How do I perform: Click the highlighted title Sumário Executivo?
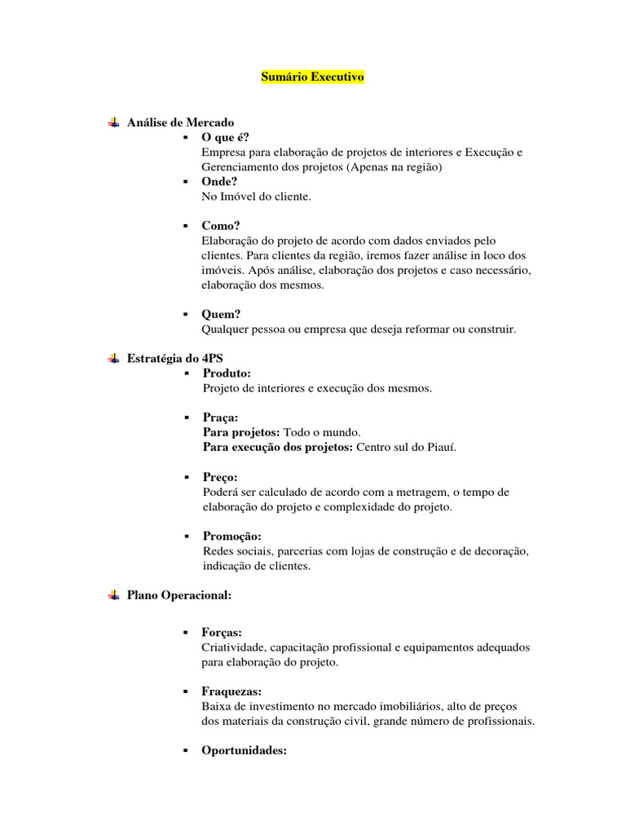coord(313,77)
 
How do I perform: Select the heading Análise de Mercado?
coord(180,122)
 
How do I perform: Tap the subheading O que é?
coord(226,137)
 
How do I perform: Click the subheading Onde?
coord(220,182)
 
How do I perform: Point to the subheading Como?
coord(222,226)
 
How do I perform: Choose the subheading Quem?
coord(222,314)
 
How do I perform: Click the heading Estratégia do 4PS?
coord(175,359)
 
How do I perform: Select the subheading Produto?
coord(227,373)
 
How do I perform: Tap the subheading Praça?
coord(220,417)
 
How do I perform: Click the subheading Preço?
coord(220,477)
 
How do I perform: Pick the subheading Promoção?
coord(232,537)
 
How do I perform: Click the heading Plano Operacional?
coord(179,595)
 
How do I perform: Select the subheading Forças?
coord(222,632)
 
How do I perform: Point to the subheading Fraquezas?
coord(231,691)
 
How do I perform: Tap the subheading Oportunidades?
coord(245,751)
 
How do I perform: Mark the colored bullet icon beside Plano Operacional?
coord(113,595)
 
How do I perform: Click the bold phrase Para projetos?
coord(241,432)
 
